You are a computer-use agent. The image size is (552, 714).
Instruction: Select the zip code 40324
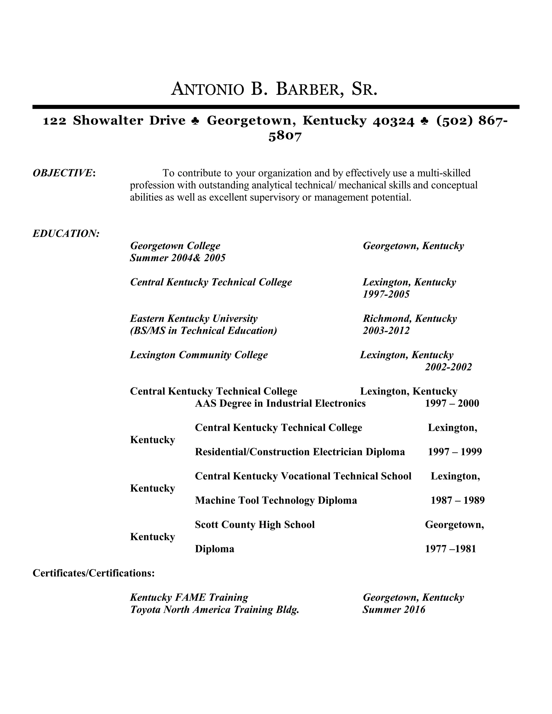pyautogui.click(x=394, y=121)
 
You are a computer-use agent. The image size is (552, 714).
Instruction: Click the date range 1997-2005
pyautogui.click(x=386, y=294)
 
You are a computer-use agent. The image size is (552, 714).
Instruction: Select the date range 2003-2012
pyautogui.click(x=386, y=331)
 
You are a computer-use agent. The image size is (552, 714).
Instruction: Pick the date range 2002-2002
pyautogui.click(x=448, y=367)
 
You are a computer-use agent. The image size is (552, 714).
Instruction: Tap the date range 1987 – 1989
pyautogui.click(x=457, y=500)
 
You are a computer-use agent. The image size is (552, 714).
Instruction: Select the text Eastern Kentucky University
pyautogui.click(x=194, y=318)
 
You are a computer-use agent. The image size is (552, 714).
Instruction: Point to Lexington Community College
pyautogui.click(x=199, y=355)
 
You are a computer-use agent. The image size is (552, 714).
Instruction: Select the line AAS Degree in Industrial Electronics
pyautogui.click(x=280, y=403)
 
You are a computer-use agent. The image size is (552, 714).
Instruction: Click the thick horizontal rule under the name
pyautogui.click(x=276, y=107)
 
